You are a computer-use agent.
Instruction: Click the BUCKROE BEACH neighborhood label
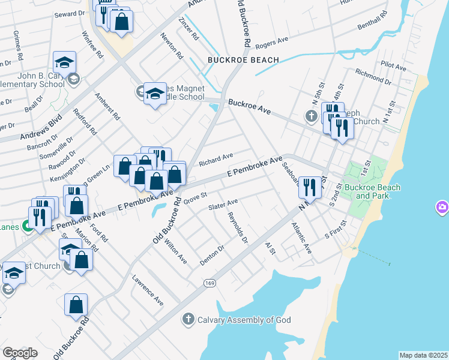tap(243, 60)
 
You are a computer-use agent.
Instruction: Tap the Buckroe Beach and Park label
tap(378, 191)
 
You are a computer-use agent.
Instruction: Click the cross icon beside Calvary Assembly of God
tap(188, 320)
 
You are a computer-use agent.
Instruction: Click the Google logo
tap(20, 352)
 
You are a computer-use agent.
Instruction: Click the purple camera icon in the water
tap(442, 208)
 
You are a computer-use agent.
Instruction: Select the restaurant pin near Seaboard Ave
tap(310, 187)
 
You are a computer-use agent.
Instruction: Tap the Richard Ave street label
tap(216, 159)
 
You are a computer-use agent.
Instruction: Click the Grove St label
tap(195, 197)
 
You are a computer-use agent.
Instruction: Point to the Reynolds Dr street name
tap(238, 227)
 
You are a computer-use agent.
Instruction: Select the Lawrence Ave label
tap(148, 290)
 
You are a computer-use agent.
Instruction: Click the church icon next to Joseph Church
tap(312, 116)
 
